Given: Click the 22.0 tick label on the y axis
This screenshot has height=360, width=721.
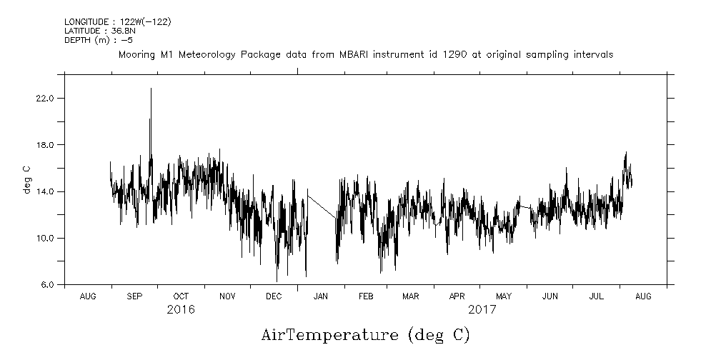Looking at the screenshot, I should pos(45,98).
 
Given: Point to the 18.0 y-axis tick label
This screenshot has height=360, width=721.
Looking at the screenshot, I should pos(45,145).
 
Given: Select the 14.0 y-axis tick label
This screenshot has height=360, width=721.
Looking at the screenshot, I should pos(45,191).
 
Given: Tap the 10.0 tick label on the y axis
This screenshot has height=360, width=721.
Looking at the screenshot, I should pos(45,238).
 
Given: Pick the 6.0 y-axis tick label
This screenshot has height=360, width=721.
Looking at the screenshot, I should pos(47,285).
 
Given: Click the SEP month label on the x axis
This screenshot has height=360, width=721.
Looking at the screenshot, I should pos(134,296).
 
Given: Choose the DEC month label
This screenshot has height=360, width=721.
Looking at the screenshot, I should pos(274,296).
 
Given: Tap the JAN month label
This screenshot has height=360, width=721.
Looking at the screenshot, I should pos(321,296).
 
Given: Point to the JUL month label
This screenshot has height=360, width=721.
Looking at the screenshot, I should pos(597,296).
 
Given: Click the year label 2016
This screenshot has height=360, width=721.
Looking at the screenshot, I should pos(181,310).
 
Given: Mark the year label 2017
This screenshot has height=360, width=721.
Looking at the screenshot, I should pos(482,310).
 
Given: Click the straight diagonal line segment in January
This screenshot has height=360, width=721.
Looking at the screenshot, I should pos(322,206).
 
